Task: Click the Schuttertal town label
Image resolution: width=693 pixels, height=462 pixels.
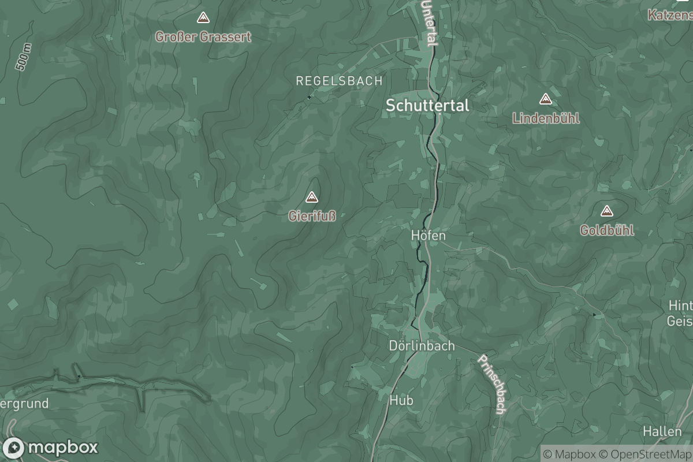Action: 427,106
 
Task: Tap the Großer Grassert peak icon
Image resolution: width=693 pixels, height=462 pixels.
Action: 203,18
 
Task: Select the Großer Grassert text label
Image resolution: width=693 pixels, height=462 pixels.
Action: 203,37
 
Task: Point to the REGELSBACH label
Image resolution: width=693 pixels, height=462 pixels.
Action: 339,81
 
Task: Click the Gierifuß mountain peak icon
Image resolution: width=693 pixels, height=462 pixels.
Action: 312,198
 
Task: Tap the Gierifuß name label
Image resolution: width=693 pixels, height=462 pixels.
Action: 312,217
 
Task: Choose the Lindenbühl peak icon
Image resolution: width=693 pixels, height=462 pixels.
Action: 545,99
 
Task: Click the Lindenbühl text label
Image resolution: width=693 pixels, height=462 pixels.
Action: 546,118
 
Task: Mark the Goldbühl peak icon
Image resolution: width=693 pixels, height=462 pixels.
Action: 606,211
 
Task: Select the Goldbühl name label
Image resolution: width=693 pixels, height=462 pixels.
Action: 606,230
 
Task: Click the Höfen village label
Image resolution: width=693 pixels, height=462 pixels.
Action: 428,236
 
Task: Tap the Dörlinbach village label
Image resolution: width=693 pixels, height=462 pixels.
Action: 422,346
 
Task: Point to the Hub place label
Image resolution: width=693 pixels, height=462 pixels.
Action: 401,400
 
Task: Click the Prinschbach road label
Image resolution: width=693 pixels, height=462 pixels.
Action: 492,383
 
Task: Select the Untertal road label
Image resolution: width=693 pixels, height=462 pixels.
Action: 429,23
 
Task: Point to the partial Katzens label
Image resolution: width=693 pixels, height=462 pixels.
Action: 670,14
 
